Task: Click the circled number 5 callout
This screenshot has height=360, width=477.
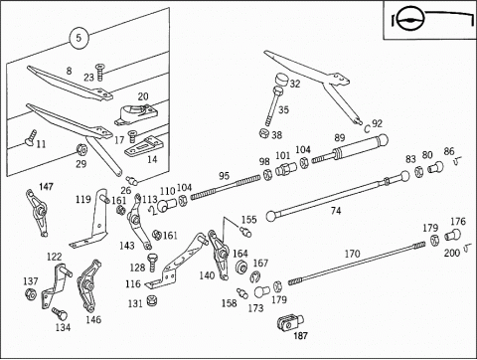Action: [79, 38]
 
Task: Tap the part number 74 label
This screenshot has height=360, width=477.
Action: [336, 211]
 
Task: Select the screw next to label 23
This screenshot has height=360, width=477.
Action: [99, 72]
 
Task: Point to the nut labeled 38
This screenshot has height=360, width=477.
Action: [264, 133]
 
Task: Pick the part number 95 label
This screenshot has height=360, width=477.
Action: [224, 176]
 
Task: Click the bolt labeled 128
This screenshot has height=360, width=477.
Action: [152, 263]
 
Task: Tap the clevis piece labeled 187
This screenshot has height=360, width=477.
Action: [290, 322]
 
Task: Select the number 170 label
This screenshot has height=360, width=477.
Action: [352, 254]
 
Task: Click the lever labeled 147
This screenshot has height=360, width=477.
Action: [37, 213]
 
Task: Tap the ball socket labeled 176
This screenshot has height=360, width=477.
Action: [453, 235]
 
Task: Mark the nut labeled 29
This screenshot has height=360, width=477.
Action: [81, 150]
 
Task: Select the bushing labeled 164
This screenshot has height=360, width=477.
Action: [240, 267]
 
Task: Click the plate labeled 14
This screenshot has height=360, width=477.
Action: [144, 146]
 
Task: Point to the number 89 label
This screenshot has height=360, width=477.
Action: [340, 137]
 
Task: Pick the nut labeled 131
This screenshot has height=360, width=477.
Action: [152, 300]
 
